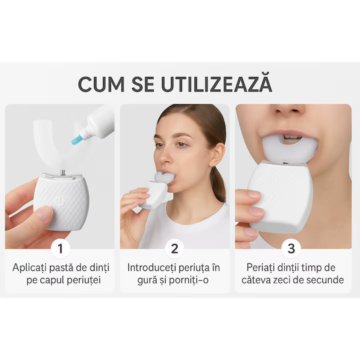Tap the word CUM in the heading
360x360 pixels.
101,84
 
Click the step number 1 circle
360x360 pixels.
60,248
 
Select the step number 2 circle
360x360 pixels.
174,248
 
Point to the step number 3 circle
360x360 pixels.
291,248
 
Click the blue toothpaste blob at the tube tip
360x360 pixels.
76,140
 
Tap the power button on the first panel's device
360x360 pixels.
59,202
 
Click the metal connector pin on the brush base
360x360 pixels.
62,172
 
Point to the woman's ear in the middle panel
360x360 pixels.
216,154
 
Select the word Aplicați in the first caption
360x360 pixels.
29,268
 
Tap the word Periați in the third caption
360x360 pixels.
260,268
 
